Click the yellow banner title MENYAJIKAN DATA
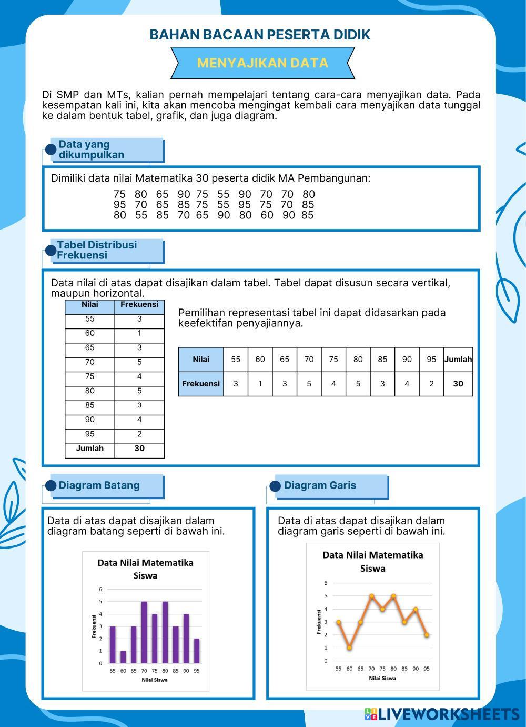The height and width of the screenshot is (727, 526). pyautogui.click(x=262, y=63)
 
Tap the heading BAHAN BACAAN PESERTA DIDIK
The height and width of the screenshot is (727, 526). pyautogui.click(x=260, y=35)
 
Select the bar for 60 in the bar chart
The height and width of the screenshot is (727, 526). pyautogui.click(x=123, y=657)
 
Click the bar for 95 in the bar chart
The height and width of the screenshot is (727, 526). pyautogui.click(x=197, y=651)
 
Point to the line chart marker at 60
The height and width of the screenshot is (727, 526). pyautogui.click(x=349, y=648)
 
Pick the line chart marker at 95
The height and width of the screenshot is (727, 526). pyautogui.click(x=427, y=635)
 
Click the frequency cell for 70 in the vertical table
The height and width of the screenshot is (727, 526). pyautogui.click(x=139, y=362)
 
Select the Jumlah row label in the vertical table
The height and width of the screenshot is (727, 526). pyautogui.click(x=89, y=449)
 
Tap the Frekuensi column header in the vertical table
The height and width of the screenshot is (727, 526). pyautogui.click(x=139, y=304)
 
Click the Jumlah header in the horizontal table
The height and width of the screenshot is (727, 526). pyautogui.click(x=458, y=360)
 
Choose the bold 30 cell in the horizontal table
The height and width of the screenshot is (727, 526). pyautogui.click(x=458, y=384)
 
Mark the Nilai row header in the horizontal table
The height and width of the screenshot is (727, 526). pyautogui.click(x=200, y=360)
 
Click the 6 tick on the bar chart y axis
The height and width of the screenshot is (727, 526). pyautogui.click(x=100, y=589)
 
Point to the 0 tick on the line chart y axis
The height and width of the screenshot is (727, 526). pyautogui.click(x=326, y=661)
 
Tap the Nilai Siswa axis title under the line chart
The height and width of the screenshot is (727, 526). pyautogui.click(x=382, y=678)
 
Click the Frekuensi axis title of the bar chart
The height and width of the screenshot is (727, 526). pyautogui.click(x=94, y=626)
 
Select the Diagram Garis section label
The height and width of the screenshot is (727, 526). pyautogui.click(x=320, y=485)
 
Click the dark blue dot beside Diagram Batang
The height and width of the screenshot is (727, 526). pyautogui.click(x=51, y=485)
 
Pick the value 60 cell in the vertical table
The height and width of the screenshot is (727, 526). pyautogui.click(x=89, y=333)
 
